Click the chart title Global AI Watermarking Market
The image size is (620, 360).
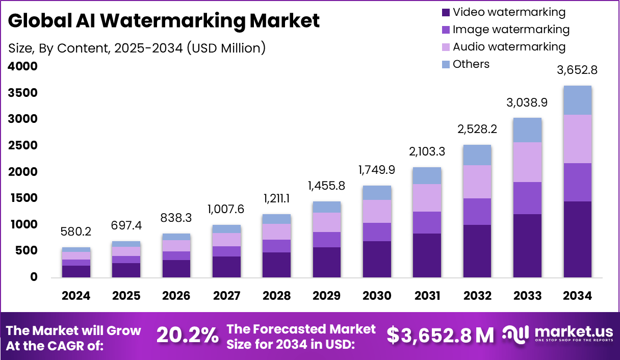click(x=164, y=21)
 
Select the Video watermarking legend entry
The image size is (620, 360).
click(x=508, y=12)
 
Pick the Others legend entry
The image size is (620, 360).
click(x=471, y=64)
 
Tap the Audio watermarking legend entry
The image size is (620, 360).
click(x=508, y=47)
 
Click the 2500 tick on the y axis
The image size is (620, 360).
click(x=22, y=146)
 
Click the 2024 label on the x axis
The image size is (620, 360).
click(x=76, y=296)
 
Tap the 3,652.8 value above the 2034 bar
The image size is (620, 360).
click(x=577, y=70)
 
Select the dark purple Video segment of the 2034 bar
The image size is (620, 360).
click(x=577, y=239)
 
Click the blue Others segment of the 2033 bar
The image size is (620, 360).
click(x=527, y=130)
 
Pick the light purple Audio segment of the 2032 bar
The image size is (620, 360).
click(x=477, y=182)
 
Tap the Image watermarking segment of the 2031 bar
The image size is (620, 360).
click(x=427, y=222)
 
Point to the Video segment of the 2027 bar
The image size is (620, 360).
click(x=227, y=267)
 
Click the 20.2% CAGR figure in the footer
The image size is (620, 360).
click(x=187, y=335)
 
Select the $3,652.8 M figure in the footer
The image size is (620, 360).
click(x=440, y=335)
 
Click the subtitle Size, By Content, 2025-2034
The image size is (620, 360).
click(x=137, y=48)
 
